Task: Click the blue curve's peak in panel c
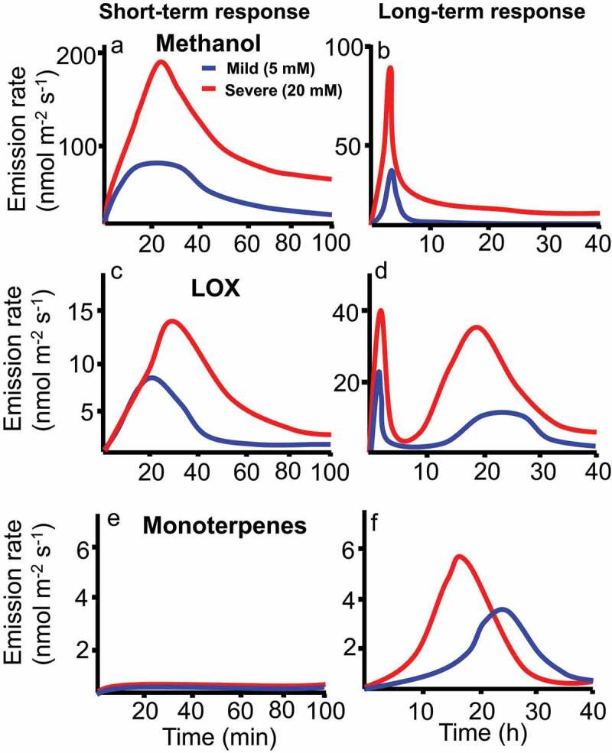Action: tap(152, 378)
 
